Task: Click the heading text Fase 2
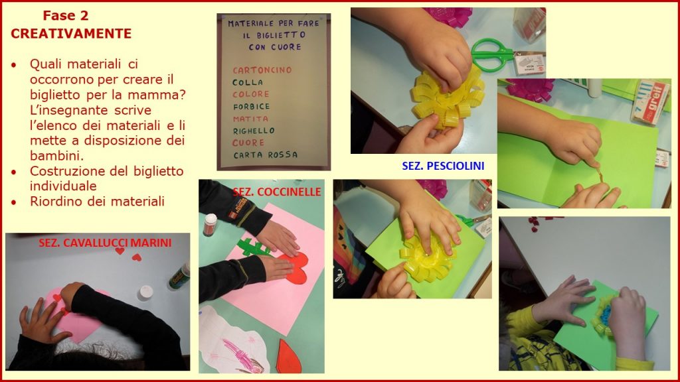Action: pos(66,16)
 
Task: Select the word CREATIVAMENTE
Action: pos(71,34)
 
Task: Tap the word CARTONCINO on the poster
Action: pos(262,70)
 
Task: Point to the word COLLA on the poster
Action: pos(248,82)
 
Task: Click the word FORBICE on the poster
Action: pos(251,107)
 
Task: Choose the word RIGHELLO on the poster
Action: pos(254,131)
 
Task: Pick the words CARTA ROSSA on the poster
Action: pos(266,155)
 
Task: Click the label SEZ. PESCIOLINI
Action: pos(443,166)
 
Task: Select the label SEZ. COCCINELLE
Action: pos(277,192)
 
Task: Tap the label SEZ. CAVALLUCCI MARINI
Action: pos(105,243)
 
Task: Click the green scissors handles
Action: pos(491,54)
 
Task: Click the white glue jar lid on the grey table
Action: pos(145,292)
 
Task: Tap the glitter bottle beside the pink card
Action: pos(210,225)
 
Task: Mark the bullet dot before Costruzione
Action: pos(15,172)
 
